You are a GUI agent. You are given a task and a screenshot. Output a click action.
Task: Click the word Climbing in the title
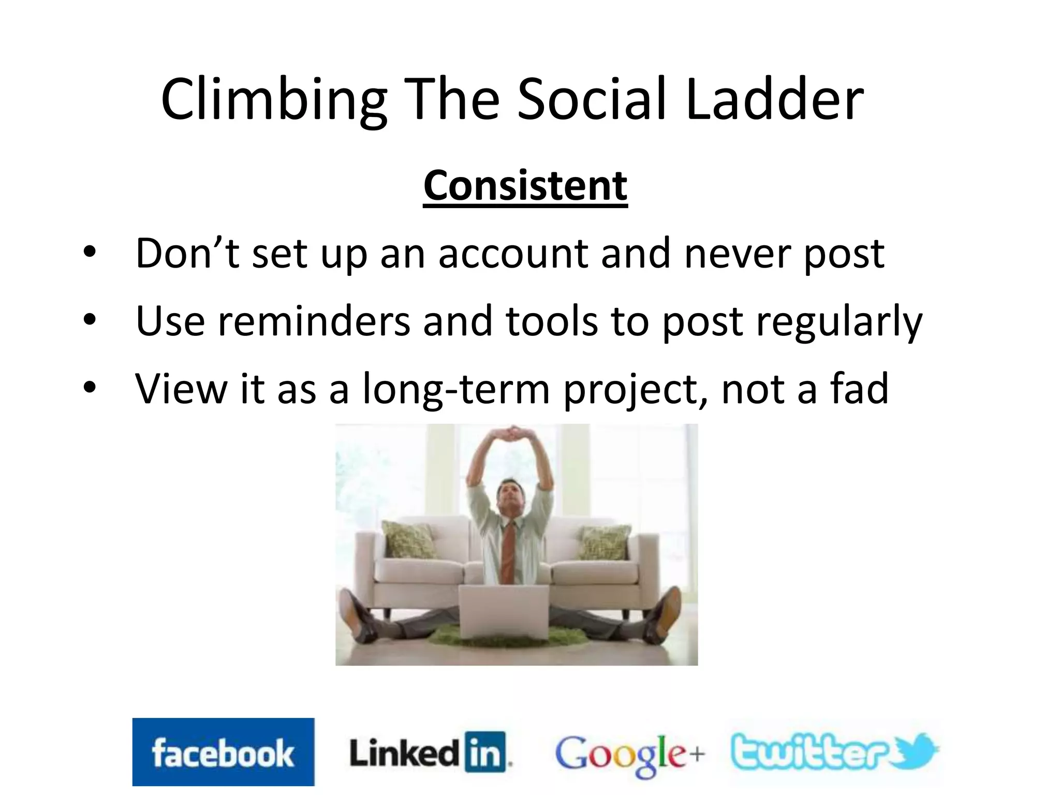point(274,100)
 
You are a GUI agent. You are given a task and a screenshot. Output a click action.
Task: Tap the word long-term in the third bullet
point(456,389)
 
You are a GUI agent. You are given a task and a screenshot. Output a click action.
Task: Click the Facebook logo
point(223,752)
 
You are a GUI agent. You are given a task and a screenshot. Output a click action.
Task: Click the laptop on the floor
point(504,611)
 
